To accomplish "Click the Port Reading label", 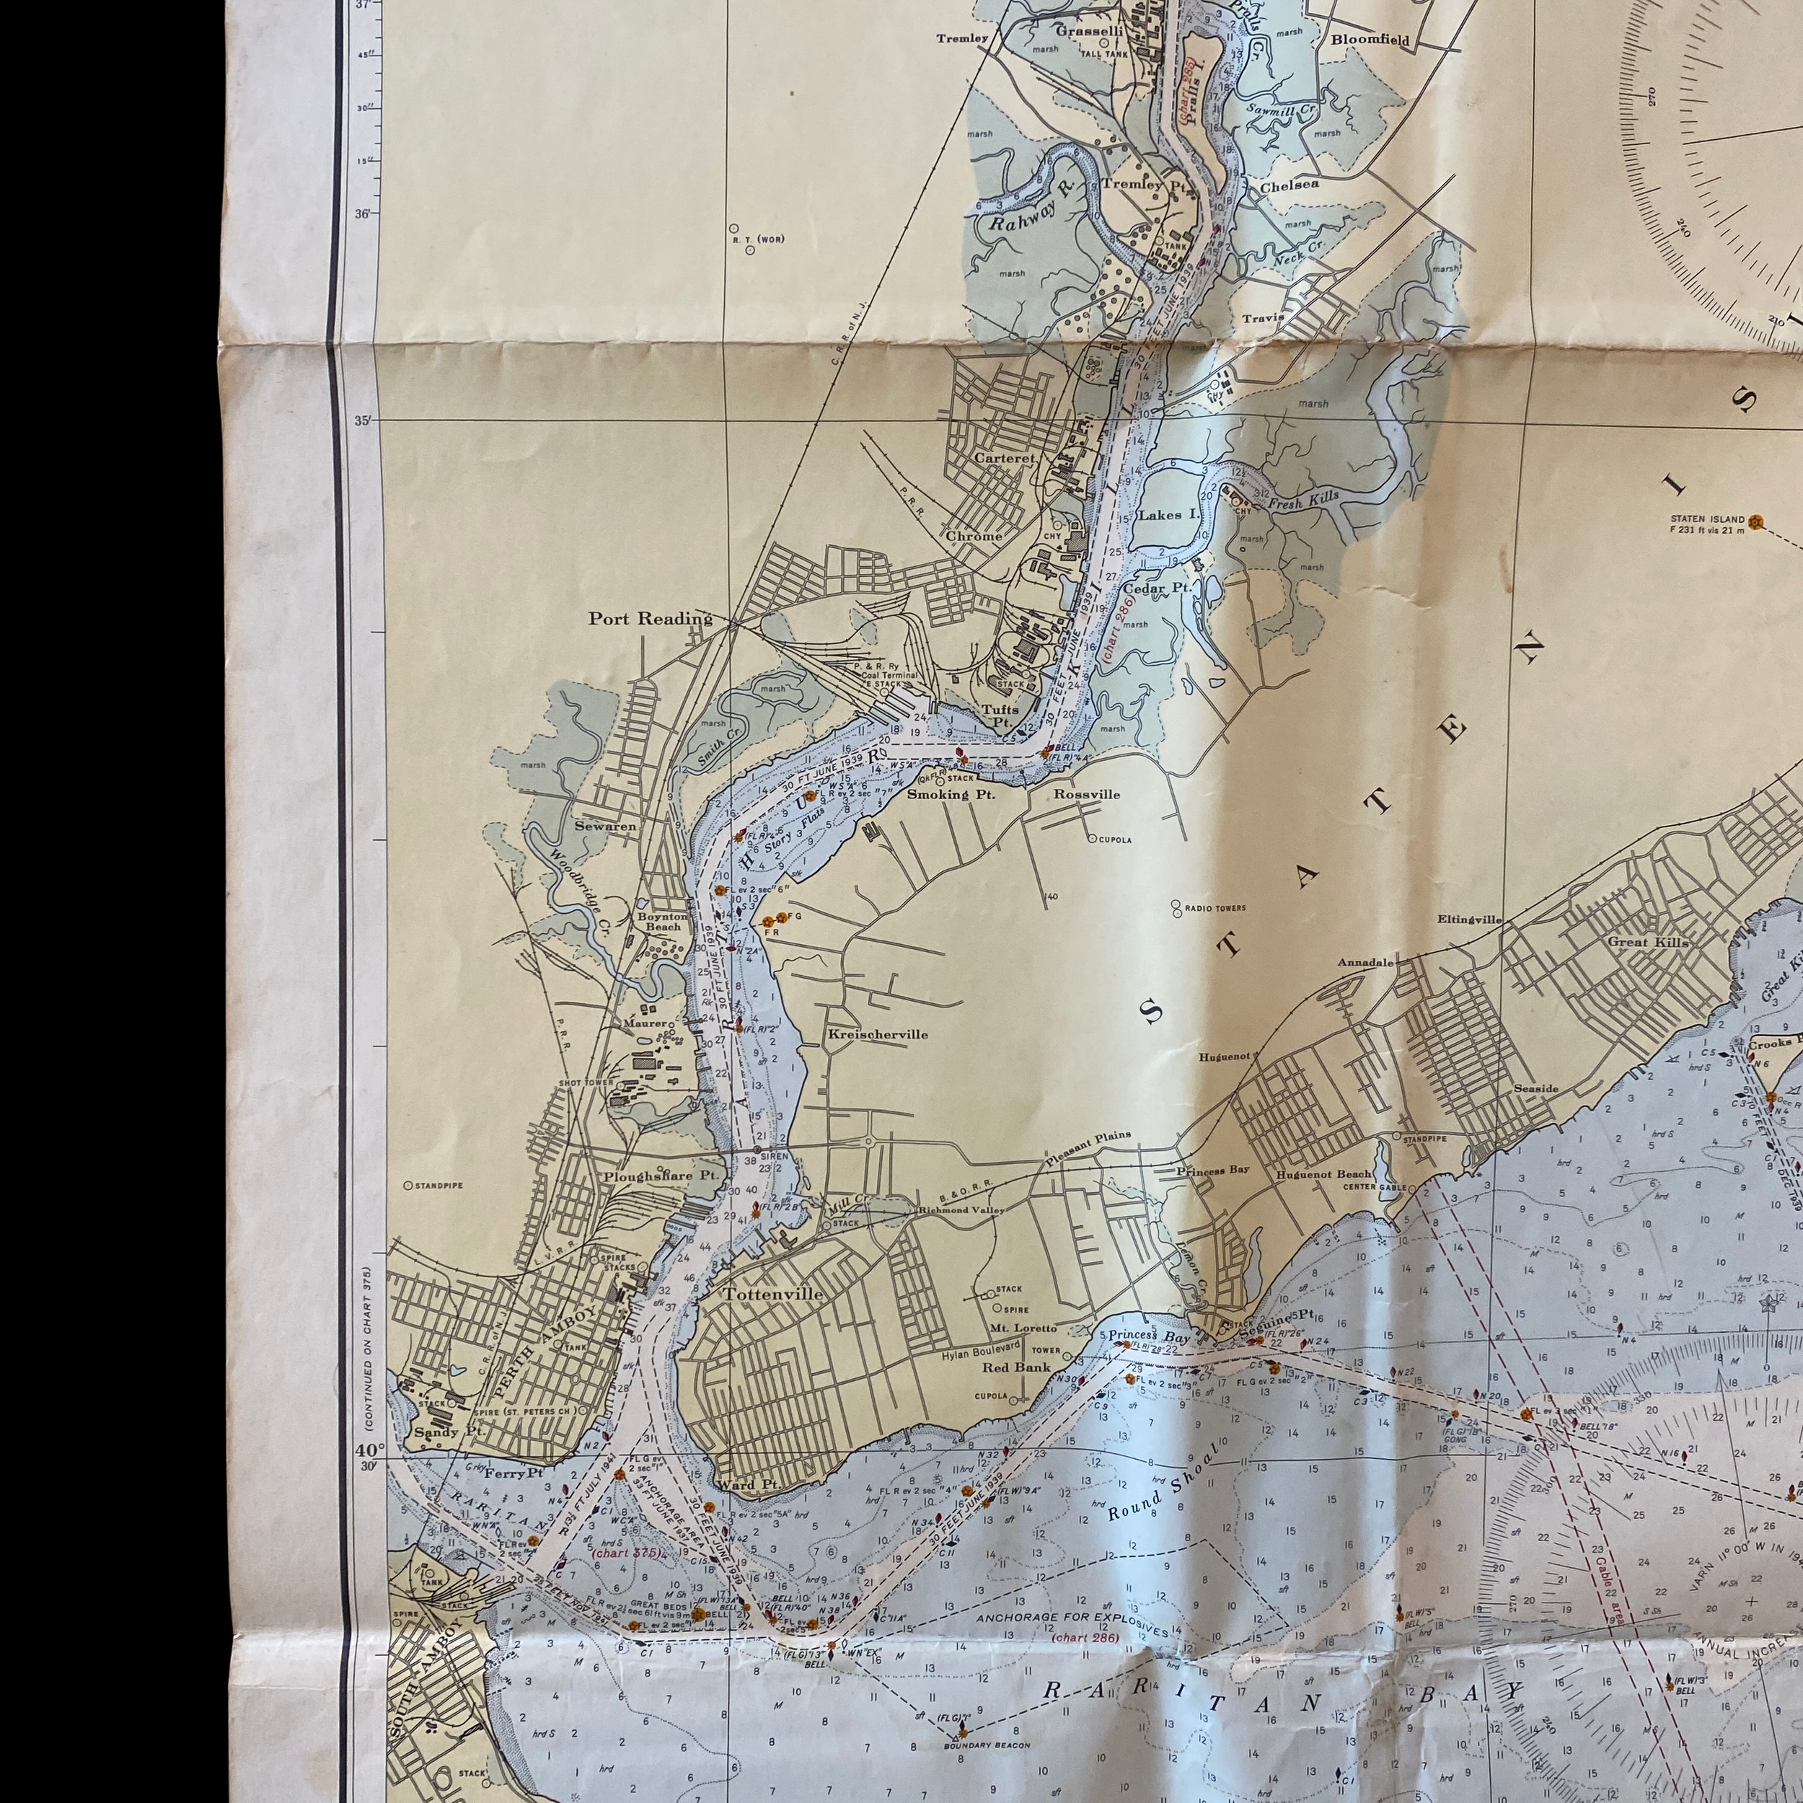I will (x=650, y=618).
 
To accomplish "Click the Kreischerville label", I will (x=877, y=1034).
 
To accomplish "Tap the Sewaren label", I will (x=606, y=826).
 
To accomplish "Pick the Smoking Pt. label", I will (x=951, y=794).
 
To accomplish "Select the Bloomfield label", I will (x=1370, y=40).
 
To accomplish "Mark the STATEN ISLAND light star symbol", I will (x=1758, y=521).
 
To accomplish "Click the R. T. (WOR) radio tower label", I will (x=758, y=239).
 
